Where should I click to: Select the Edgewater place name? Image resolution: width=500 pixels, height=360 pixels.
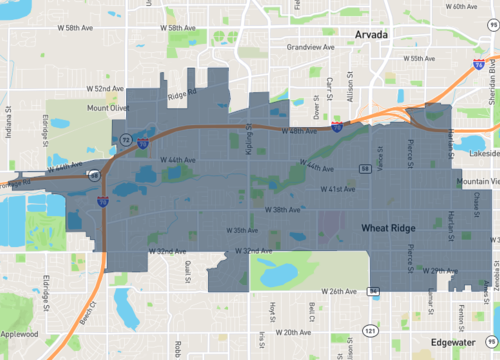tap(449, 341)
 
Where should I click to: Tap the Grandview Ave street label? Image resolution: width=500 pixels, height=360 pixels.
tap(307, 47)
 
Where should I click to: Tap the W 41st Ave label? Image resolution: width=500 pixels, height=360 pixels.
tap(338, 189)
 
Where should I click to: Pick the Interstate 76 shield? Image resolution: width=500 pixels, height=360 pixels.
tap(479, 63)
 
